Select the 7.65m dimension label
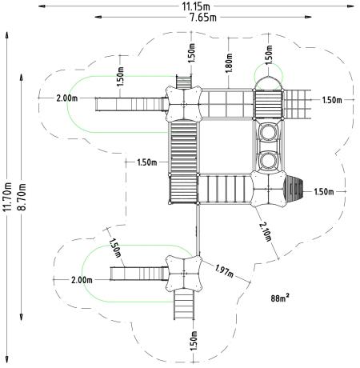point(203,18)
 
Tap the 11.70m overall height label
point(8,197)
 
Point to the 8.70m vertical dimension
point(22,197)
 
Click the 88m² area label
point(280,298)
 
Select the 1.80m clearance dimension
point(229,63)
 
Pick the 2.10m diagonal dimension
point(266,232)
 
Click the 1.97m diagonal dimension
point(224,270)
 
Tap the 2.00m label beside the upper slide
point(67,98)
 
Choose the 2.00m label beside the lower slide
point(82,280)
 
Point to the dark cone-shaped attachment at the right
point(294,189)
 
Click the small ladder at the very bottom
point(184,304)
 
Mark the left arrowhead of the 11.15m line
point(42,6)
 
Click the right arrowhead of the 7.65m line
point(308,17)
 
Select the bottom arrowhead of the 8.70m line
point(22,317)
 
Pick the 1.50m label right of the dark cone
point(324,191)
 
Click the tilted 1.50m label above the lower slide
point(115,248)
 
